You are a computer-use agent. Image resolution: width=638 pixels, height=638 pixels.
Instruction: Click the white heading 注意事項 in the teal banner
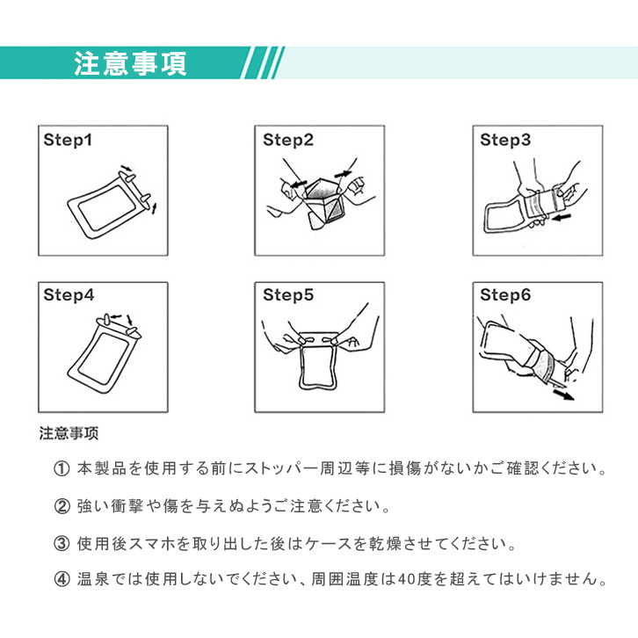[130, 64]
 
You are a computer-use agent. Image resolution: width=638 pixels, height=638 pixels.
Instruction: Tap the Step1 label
[68, 140]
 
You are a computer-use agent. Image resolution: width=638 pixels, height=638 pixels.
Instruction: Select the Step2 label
[288, 140]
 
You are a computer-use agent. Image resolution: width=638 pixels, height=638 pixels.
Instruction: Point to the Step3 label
[505, 140]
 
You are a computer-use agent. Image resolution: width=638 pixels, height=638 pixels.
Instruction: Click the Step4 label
[69, 295]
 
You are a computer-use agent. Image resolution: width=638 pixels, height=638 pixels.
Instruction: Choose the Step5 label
[288, 295]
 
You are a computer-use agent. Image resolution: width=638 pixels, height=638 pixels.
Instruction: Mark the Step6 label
[505, 295]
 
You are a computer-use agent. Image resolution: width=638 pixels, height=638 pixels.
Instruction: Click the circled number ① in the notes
[62, 469]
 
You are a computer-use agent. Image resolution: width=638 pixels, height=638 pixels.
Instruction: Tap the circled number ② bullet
[62, 506]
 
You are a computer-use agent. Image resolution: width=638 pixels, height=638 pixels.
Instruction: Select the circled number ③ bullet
[62, 544]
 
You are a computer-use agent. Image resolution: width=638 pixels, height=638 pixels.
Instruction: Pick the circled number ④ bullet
[62, 579]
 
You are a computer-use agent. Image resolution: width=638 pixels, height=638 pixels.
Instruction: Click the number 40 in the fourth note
[406, 579]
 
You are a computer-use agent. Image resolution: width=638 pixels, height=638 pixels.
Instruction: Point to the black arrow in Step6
[563, 394]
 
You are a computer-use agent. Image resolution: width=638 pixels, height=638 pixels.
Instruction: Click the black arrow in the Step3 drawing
[562, 218]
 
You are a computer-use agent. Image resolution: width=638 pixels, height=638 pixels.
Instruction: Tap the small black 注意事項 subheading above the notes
[69, 433]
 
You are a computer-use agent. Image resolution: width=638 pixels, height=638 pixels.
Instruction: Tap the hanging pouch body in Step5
[301, 366]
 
